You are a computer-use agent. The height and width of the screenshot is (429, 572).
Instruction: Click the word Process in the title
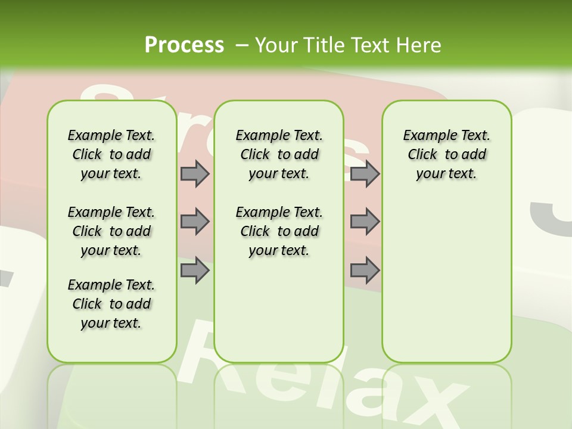(184, 45)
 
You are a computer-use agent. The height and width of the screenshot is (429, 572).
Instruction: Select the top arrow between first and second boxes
(195, 173)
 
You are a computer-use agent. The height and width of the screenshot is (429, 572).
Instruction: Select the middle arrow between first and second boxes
(195, 222)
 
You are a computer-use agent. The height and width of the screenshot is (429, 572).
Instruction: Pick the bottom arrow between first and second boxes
(195, 271)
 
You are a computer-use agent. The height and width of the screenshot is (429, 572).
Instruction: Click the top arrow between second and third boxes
(365, 173)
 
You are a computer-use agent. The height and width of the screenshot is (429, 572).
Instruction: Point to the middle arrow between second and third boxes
(365, 222)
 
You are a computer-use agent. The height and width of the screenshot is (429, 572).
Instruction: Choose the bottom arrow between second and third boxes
(365, 271)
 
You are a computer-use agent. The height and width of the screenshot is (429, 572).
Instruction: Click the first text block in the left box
(111, 154)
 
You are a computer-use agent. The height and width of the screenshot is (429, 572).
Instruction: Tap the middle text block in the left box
(111, 231)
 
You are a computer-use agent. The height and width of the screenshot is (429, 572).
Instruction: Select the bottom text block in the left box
(111, 304)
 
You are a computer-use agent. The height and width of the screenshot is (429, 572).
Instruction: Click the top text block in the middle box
(279, 154)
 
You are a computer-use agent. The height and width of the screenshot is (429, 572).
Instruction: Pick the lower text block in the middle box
(279, 231)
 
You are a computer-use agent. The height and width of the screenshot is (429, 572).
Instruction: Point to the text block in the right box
(446, 154)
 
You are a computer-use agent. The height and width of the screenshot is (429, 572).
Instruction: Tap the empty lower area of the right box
(446, 286)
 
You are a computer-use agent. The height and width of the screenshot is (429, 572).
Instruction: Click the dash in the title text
(242, 45)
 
